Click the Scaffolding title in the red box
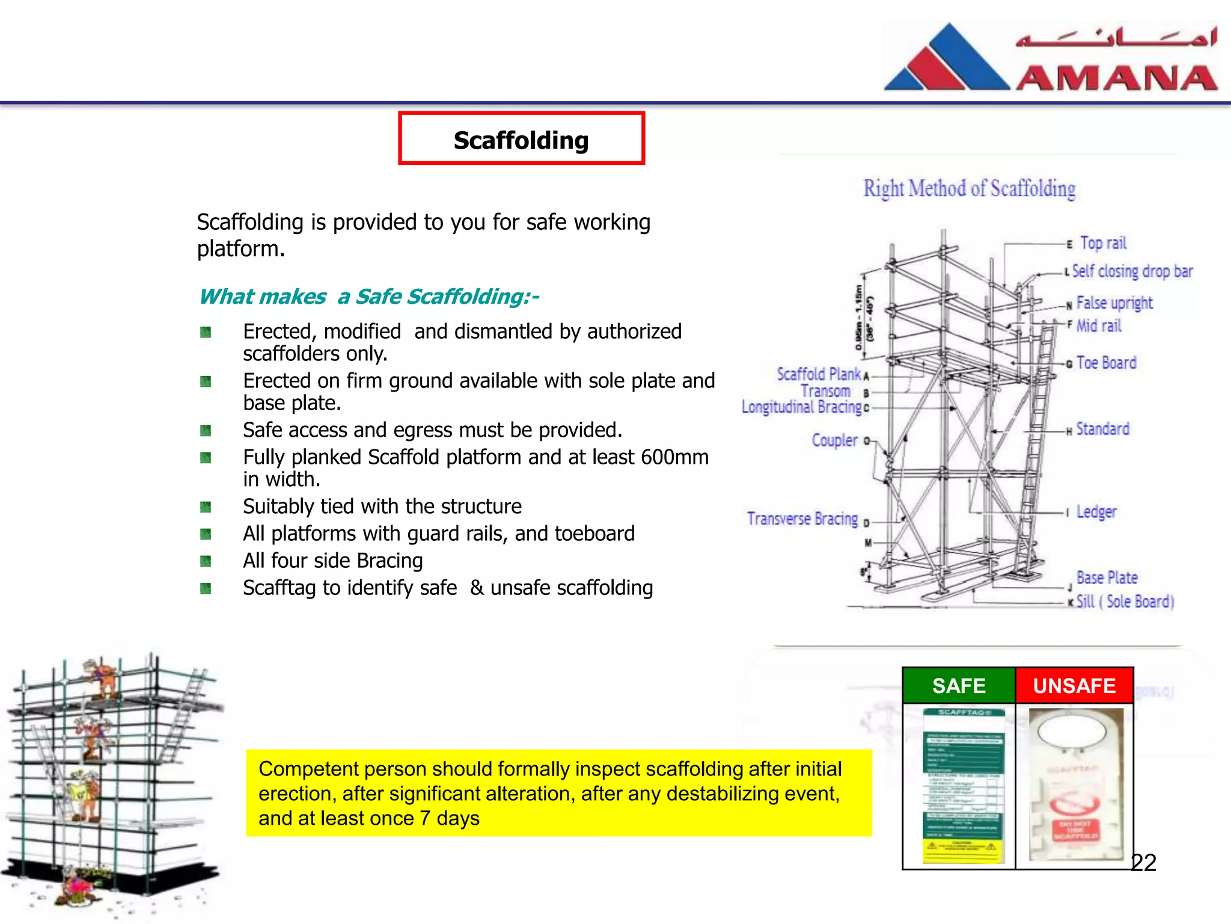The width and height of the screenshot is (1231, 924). tap(521, 140)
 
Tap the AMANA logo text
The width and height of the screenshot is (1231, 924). tap(1117, 78)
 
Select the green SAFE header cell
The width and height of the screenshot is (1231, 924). tap(959, 686)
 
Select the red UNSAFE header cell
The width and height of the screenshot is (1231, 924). tap(1074, 686)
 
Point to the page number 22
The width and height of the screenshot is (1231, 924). tap(1143, 863)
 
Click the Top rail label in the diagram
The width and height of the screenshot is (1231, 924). tap(1103, 243)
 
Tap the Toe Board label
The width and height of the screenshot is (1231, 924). tap(1106, 363)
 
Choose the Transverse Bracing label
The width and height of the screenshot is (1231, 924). tap(802, 519)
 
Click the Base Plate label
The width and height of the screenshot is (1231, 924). tap(1107, 577)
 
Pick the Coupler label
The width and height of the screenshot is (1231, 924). tap(834, 440)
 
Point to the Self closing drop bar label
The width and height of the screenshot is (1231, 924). tap(1132, 271)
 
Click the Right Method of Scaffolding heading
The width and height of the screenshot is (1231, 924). tap(969, 189)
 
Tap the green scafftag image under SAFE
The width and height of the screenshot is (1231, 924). tap(964, 785)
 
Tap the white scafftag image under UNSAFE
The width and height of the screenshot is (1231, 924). tap(1075, 785)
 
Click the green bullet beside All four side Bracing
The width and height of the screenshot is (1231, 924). tap(206, 561)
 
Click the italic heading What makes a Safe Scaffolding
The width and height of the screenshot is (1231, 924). tap(368, 297)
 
